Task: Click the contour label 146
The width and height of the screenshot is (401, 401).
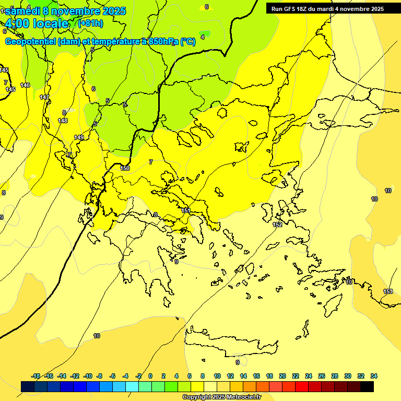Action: coord(25,85)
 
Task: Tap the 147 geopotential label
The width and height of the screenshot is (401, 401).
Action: coord(44,97)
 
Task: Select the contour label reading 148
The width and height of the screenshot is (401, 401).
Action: coord(63,121)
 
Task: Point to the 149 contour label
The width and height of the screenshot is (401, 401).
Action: coord(79,137)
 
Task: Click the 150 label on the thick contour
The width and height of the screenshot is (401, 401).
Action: coord(125,168)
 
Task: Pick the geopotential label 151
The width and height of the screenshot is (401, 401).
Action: coord(186,210)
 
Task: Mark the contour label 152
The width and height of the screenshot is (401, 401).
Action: coord(278,225)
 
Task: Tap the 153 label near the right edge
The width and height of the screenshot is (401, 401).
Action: coord(388,291)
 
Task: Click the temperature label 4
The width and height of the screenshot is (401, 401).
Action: coord(203,37)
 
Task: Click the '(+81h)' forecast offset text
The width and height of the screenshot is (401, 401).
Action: coord(90,23)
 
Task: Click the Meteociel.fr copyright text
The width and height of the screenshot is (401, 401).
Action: coord(222,397)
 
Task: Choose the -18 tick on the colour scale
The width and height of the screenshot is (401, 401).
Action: coord(36,376)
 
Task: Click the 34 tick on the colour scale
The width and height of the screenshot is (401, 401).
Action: coord(374,376)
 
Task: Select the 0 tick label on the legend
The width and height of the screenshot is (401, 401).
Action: coord(150,376)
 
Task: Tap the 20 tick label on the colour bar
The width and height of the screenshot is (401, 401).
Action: coord(282,376)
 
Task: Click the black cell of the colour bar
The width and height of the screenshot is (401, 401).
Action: coord(367,386)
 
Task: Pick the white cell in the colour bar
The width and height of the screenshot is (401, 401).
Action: coord(210,386)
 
